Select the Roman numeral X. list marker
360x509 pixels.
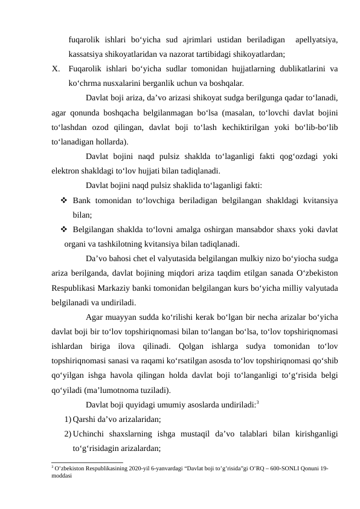[x=56, y=68]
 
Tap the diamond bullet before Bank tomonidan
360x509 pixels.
[x=63, y=199]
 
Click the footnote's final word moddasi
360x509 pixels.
[x=63, y=476]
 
